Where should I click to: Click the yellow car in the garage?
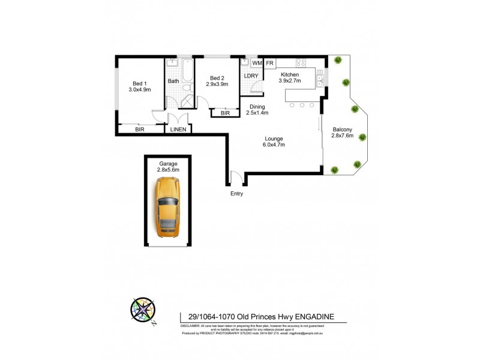[168, 208]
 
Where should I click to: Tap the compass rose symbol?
[142, 311]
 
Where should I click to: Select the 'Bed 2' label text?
[217, 78]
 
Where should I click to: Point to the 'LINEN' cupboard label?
[178, 129]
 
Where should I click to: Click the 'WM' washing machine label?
[257, 63]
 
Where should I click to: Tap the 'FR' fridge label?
[270, 63]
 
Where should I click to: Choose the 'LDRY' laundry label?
[251, 76]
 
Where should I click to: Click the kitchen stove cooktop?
[301, 62]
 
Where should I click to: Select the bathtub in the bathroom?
[187, 71]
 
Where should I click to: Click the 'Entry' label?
[238, 194]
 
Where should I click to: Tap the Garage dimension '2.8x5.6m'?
[168, 170]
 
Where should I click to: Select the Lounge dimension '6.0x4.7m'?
[274, 145]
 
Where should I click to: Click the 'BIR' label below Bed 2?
[225, 113]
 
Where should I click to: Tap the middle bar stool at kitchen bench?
[302, 105]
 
